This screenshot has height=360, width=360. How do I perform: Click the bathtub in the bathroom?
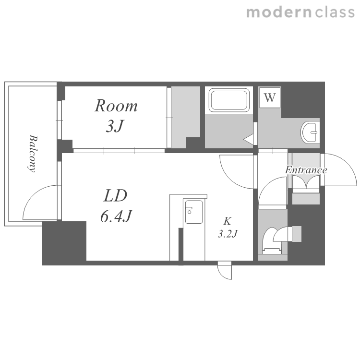click(229, 100)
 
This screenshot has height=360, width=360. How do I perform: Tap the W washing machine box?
click(270, 97)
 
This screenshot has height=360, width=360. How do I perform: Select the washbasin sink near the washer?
click(310, 132)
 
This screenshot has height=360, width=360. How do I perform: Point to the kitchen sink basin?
click(194, 212)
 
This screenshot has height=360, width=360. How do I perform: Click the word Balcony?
click(33, 154)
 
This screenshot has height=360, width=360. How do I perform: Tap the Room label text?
click(116, 106)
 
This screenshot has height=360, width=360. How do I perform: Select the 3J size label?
click(115, 126)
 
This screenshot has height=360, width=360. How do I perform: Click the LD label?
click(115, 196)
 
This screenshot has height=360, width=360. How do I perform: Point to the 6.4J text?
click(117, 216)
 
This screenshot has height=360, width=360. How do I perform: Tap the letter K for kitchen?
click(228, 221)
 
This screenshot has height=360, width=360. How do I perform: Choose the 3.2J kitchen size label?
click(228, 234)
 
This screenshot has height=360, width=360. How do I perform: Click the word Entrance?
click(306, 170)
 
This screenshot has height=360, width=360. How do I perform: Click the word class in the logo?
click(335, 12)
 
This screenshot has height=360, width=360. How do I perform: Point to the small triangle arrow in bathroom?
click(249, 139)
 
